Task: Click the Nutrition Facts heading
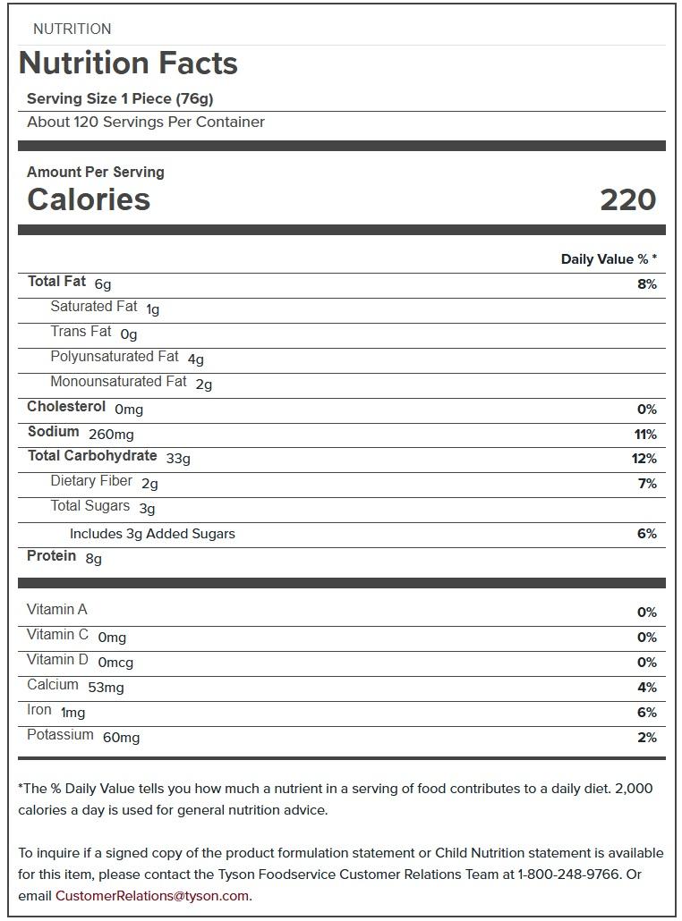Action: pos(128,63)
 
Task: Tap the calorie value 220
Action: pos(627,199)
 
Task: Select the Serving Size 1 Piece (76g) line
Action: pos(120,98)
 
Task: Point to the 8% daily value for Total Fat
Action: pos(646,284)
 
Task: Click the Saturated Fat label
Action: pos(94,307)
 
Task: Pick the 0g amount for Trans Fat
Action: pos(129,334)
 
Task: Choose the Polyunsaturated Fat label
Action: pos(115,357)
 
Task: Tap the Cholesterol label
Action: pos(66,407)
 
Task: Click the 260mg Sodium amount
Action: pos(111,435)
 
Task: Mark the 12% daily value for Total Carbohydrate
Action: pos(644,459)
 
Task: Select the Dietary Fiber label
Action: pos(91,482)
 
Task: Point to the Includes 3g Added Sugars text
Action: pos(152,534)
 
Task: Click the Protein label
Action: pos(52,556)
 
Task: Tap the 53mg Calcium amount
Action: pos(106,688)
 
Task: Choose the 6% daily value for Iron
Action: pos(646,713)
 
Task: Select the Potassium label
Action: pos(60,735)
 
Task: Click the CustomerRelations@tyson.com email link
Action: pos(152,896)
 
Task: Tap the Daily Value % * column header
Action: pos(609,259)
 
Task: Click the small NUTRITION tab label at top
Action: pos(72,30)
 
